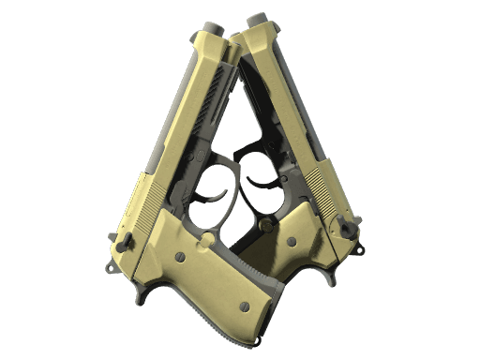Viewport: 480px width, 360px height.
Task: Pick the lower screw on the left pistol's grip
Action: (x=245, y=305)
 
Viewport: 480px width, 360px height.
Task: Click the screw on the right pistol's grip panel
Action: (x=292, y=241)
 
